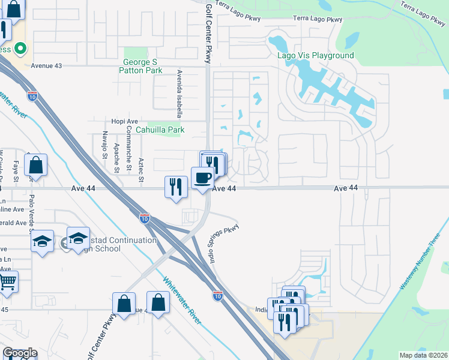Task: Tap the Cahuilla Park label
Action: click(x=160, y=130)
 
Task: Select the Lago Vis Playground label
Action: click(x=316, y=56)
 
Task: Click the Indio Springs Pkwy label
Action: click(x=223, y=240)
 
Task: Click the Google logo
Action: click(x=20, y=353)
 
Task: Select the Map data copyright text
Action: click(x=424, y=355)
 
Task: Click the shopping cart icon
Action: click(x=7, y=280)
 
